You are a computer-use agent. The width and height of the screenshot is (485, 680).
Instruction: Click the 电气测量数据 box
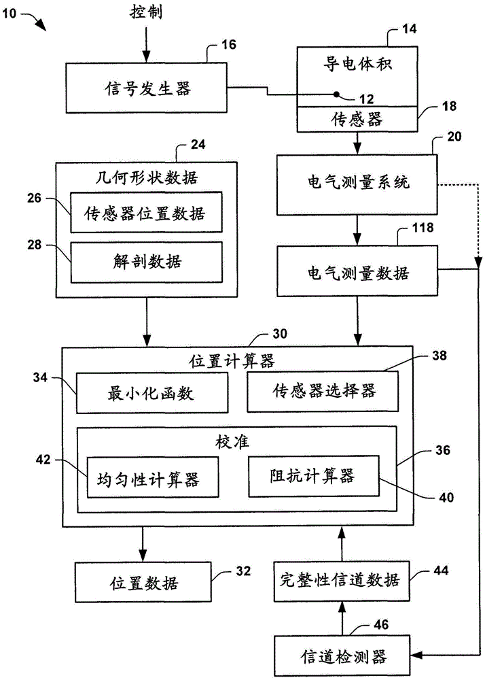(x=357, y=273)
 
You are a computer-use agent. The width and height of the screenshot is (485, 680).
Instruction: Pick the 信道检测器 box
(x=342, y=656)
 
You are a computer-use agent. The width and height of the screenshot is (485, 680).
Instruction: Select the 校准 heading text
(x=236, y=441)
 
